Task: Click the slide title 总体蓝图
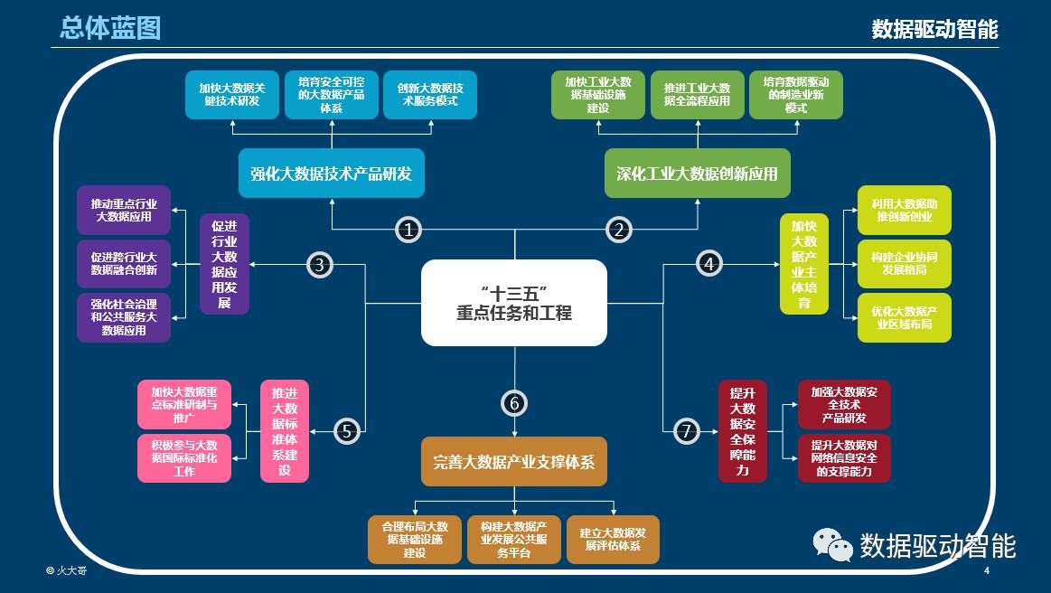tap(110, 28)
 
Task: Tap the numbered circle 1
tap(409, 230)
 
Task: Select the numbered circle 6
tap(514, 403)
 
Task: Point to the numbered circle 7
tap(687, 431)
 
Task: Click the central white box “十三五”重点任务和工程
tap(514, 303)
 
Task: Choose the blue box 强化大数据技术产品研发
tap(331, 173)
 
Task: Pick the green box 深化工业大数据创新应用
tap(697, 173)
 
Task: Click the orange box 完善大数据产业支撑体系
tap(514, 461)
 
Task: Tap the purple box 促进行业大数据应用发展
tap(224, 264)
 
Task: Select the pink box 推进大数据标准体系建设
tap(285, 430)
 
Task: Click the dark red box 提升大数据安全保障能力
tap(743, 430)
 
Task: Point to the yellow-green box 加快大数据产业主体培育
tap(804, 264)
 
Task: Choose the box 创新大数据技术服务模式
tap(430, 95)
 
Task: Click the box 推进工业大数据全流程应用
tap(697, 95)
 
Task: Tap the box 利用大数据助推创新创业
tap(905, 211)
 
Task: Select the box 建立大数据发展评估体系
tap(613, 540)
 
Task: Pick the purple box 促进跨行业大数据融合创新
tap(124, 264)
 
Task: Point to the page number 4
tap(986, 571)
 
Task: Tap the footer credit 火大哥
tap(67, 571)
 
